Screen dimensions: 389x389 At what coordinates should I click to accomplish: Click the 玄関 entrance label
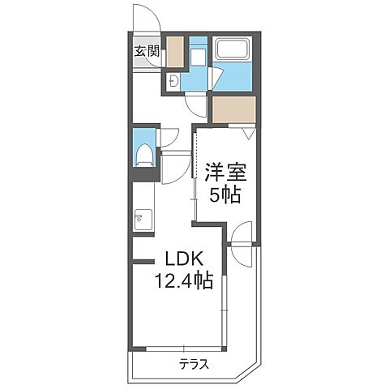147,52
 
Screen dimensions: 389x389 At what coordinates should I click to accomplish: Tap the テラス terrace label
194,365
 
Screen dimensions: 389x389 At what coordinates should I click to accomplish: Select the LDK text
183,260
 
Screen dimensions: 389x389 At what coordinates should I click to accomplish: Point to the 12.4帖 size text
184,280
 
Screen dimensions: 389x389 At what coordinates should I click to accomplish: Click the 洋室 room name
225,173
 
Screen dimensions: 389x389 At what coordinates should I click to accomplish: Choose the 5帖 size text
225,194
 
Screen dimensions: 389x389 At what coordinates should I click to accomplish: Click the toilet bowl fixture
144,156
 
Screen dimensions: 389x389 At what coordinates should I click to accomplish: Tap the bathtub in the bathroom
232,49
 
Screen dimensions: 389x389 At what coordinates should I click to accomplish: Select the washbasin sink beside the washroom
173,80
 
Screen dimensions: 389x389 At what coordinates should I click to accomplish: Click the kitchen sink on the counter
143,220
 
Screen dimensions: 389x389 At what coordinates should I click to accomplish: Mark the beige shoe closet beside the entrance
175,52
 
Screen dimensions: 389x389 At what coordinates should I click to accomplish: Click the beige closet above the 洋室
234,109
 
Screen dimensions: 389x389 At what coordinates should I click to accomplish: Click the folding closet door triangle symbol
249,133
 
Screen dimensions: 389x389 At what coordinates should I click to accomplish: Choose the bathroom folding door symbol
216,78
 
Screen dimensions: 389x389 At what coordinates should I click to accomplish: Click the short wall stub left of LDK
143,261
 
